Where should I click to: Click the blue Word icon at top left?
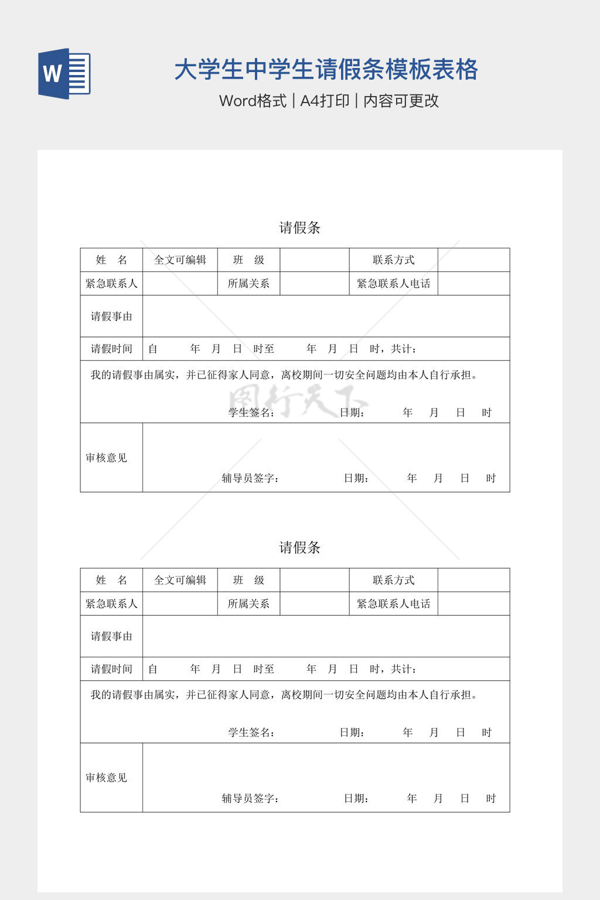[64, 73]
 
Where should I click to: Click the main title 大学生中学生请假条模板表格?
[326, 70]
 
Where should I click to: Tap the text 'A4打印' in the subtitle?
[325, 101]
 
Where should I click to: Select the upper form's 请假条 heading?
[299, 228]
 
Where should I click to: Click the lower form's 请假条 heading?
[299, 548]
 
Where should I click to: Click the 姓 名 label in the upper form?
[111, 260]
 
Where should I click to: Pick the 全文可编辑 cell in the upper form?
[180, 260]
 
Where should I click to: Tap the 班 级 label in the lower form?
[248, 580]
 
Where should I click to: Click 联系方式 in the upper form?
[393, 260]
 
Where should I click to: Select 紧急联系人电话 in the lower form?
[393, 604]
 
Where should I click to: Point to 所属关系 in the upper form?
[248, 284]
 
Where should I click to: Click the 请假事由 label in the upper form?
[111, 316]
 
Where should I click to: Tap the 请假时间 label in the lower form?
[111, 669]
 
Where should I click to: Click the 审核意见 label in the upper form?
[106, 458]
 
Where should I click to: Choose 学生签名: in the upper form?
[251, 412]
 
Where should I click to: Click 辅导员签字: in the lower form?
[250, 798]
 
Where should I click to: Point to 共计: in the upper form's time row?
[404, 349]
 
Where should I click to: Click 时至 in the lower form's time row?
[264, 669]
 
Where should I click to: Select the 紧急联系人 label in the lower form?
[111, 604]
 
